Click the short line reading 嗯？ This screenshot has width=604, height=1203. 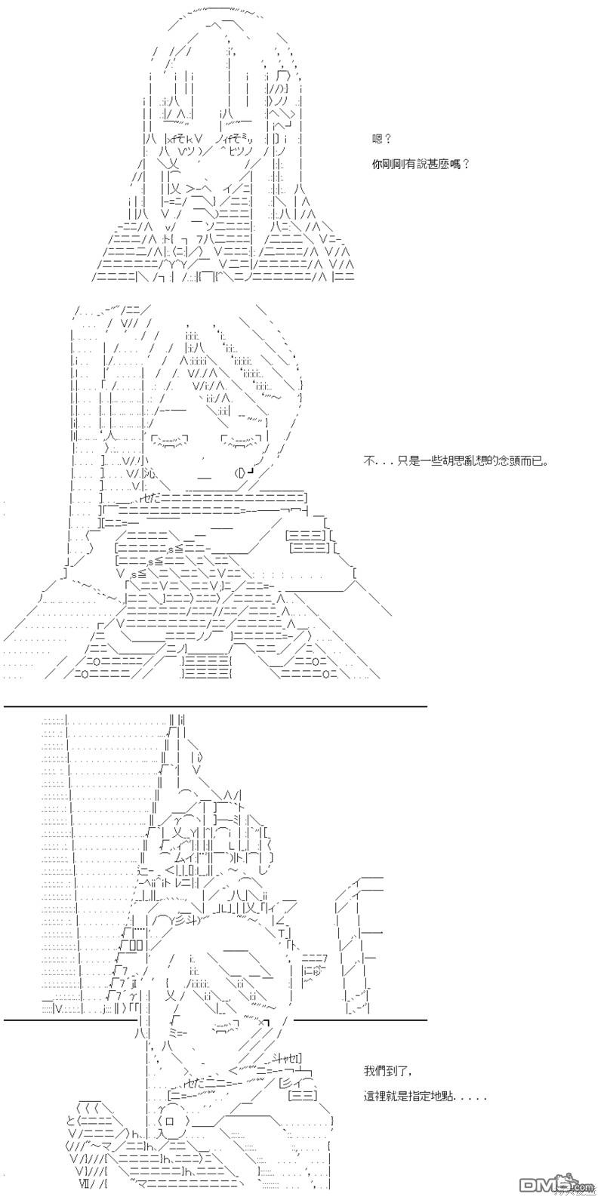(x=382, y=139)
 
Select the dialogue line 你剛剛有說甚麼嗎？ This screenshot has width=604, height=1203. (x=421, y=165)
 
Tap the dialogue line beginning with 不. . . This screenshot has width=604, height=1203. (x=456, y=461)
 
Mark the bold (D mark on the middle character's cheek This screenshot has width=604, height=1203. (x=240, y=472)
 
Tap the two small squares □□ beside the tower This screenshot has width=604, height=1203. (x=136, y=945)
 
